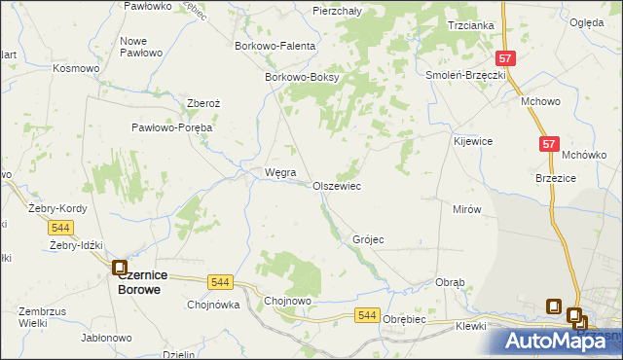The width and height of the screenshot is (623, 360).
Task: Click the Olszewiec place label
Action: point(337,185)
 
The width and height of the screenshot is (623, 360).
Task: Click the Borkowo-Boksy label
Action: point(301,78)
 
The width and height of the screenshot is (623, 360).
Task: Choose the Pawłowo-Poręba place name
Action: point(172,127)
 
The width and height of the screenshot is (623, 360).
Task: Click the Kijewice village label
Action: point(472,141)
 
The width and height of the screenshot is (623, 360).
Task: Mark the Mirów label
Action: point(467,209)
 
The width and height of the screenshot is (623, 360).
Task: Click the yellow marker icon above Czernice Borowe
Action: point(120,267)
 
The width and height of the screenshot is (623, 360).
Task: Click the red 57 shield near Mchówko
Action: point(549,144)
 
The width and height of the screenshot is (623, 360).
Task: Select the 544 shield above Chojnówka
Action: point(220,282)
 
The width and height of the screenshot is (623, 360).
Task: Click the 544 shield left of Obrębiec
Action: point(367,315)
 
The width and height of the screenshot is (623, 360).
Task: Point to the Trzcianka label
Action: point(470,25)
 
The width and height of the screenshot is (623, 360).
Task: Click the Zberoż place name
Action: point(205,103)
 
